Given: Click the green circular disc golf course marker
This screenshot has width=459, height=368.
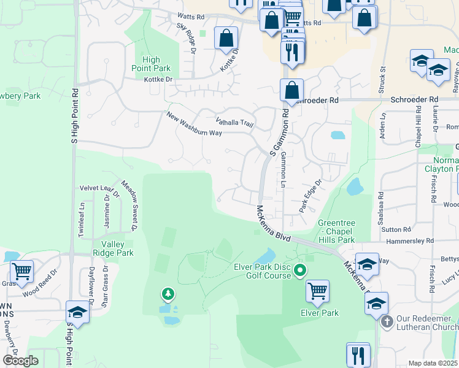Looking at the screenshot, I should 300,270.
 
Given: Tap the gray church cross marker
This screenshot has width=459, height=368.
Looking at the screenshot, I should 386,321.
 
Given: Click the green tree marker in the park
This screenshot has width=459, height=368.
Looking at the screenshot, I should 167,295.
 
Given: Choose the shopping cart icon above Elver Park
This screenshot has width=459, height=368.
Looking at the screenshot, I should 317,291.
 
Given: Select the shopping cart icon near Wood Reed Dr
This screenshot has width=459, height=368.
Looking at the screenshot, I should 21,271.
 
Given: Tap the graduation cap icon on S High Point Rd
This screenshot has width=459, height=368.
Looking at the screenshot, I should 78,312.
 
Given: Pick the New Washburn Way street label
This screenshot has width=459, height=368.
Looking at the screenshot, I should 194,124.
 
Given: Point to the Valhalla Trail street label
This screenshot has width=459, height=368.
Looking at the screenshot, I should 234,121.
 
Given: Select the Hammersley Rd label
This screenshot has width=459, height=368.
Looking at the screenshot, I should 411,241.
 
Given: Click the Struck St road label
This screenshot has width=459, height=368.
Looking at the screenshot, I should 382,76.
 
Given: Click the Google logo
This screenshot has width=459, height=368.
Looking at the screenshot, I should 20,361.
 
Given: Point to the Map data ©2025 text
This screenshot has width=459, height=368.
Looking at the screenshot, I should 433,363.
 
